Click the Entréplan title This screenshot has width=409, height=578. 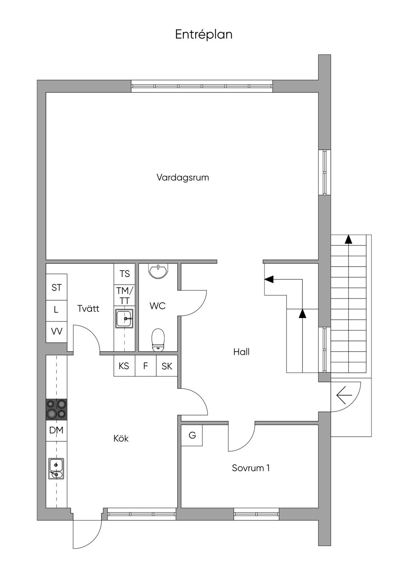(204, 34)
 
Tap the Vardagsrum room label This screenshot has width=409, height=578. (183, 178)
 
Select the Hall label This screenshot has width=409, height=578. (241, 352)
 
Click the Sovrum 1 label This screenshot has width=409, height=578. (251, 468)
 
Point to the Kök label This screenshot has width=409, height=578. (121, 438)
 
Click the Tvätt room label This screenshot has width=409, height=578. (88, 309)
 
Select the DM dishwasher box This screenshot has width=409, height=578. (57, 431)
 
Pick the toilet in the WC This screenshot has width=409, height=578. (158, 340)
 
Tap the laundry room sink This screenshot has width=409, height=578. (125, 319)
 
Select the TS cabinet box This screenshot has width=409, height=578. (125, 274)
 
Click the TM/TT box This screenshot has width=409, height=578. (125, 295)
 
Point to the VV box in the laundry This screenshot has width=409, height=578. (57, 332)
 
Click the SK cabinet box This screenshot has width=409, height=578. (167, 366)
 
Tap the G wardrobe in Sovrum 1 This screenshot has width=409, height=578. (192, 435)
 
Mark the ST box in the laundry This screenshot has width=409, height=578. (57, 287)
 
